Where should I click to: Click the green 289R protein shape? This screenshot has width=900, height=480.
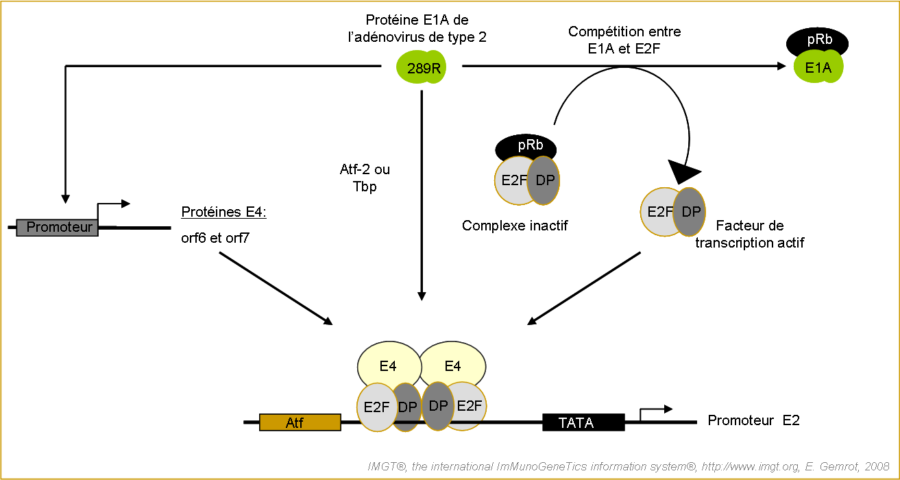pyautogui.click(x=420, y=67)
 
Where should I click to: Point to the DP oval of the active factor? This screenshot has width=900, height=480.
pyautogui.click(x=691, y=211)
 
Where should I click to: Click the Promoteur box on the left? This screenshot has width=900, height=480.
pyautogui.click(x=58, y=227)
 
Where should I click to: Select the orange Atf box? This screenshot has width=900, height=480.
pyautogui.click(x=300, y=422)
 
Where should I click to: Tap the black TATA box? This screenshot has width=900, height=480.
pyautogui.click(x=583, y=422)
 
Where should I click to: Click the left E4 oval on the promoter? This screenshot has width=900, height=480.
pyautogui.click(x=387, y=366)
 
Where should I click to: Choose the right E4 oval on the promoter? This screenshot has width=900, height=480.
pyautogui.click(x=453, y=366)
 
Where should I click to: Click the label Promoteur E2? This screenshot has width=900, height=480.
pyautogui.click(x=753, y=420)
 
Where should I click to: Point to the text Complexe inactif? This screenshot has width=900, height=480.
pyautogui.click(x=515, y=226)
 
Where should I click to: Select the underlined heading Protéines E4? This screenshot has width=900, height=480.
pyautogui.click(x=223, y=213)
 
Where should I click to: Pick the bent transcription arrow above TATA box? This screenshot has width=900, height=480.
pyautogui.click(x=655, y=411)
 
